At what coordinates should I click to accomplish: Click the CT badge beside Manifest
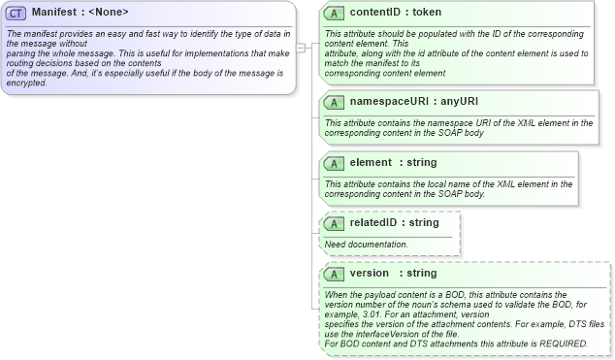pos(16,13)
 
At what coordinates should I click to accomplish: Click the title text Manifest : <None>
pos(81,13)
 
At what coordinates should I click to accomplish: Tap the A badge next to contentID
pos(334,14)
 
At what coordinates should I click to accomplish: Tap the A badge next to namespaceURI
pos(334,101)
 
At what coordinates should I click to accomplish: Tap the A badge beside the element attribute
pos(334,163)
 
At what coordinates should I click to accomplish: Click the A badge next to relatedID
pos(334,223)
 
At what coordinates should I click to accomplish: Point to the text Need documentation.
pos(366,244)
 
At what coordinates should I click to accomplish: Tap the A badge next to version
pos(334,274)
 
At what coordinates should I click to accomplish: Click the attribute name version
pos(370,274)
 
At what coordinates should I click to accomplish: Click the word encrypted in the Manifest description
pos(27,82)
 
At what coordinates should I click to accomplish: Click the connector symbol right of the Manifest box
pos(301,47)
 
